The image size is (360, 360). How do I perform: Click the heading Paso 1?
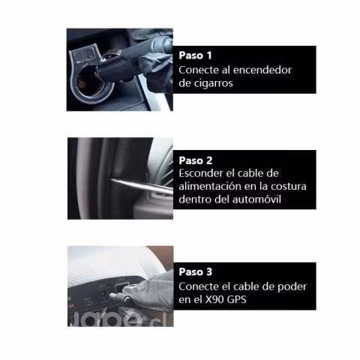click(195, 55)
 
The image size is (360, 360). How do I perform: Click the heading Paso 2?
click(196, 160)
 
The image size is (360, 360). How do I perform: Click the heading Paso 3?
click(196, 271)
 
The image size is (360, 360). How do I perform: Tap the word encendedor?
click(262, 70)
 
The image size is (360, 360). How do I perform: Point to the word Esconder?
click(199, 173)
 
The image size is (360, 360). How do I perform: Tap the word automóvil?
click(256, 199)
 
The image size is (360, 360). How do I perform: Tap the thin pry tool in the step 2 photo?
click(142, 185)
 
